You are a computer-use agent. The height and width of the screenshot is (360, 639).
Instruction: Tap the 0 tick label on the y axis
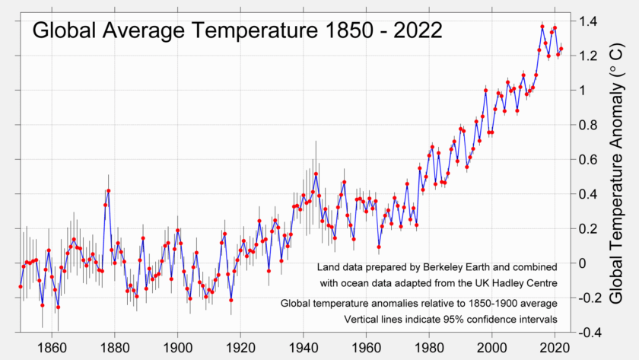click(x=584, y=263)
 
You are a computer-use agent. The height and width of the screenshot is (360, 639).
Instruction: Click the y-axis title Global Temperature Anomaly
click(x=618, y=179)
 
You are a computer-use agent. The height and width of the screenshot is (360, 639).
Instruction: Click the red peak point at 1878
click(x=109, y=190)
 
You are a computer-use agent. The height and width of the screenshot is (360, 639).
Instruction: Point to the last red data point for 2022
click(x=561, y=49)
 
